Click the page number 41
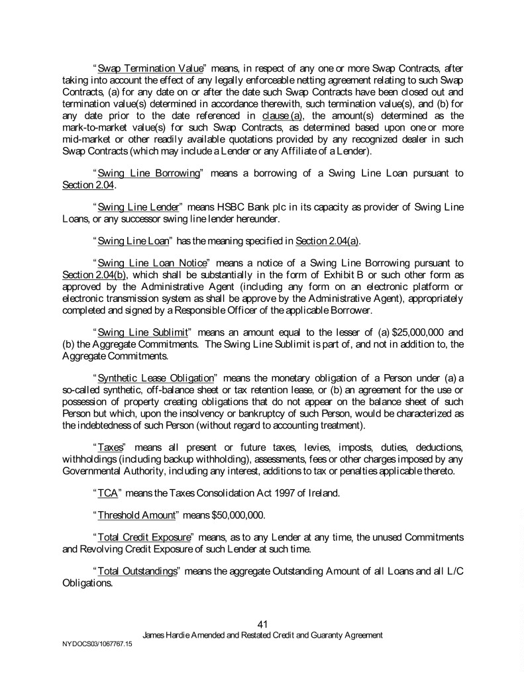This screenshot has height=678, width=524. [262, 624]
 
